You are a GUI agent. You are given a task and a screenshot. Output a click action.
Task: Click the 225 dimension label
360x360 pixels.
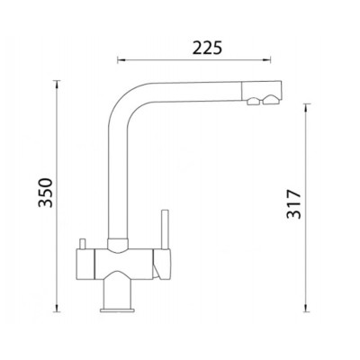(x=207, y=48)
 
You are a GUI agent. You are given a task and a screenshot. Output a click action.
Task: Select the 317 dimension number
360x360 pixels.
(x=293, y=204)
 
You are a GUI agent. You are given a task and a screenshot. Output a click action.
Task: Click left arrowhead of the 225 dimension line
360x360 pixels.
(x=121, y=60)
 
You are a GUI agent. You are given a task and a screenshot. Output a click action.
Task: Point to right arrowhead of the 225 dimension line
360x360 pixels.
(x=267, y=60)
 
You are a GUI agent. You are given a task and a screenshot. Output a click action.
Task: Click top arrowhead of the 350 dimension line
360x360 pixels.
(x=57, y=85)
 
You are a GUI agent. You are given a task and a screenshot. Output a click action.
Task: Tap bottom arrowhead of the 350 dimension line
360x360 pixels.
(x=57, y=308)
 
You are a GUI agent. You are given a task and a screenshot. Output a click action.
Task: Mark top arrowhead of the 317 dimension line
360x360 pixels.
(x=305, y=108)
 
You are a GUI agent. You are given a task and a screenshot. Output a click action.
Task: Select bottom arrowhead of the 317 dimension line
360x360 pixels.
(x=305, y=308)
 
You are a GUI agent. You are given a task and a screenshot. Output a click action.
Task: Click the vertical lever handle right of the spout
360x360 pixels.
(x=165, y=229)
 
